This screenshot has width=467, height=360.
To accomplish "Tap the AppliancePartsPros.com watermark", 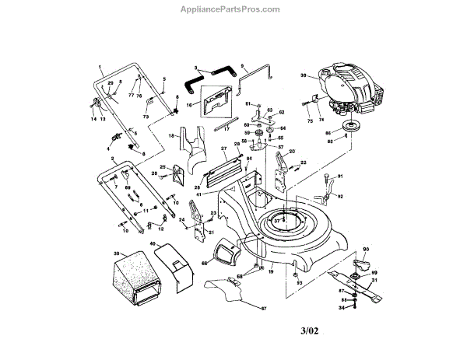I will coord(233,9).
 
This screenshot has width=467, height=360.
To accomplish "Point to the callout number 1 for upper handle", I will coord(101,63).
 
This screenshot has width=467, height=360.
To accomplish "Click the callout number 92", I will coord(340,197).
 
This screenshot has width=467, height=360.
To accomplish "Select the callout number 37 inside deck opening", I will coord(277,221).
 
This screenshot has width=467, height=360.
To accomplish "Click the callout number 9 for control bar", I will coord(244,66).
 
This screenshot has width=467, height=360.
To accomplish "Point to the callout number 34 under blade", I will coord(340,309).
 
